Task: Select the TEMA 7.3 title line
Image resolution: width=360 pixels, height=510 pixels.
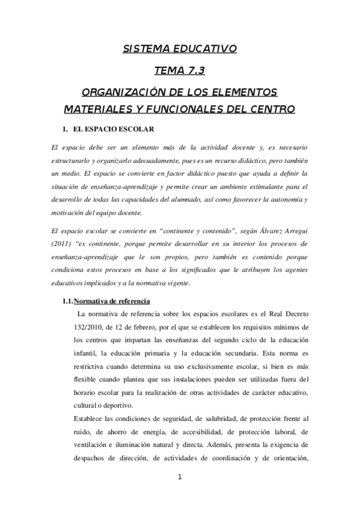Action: [180, 71]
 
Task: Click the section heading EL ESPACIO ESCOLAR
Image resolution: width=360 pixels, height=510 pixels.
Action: [114, 129]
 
